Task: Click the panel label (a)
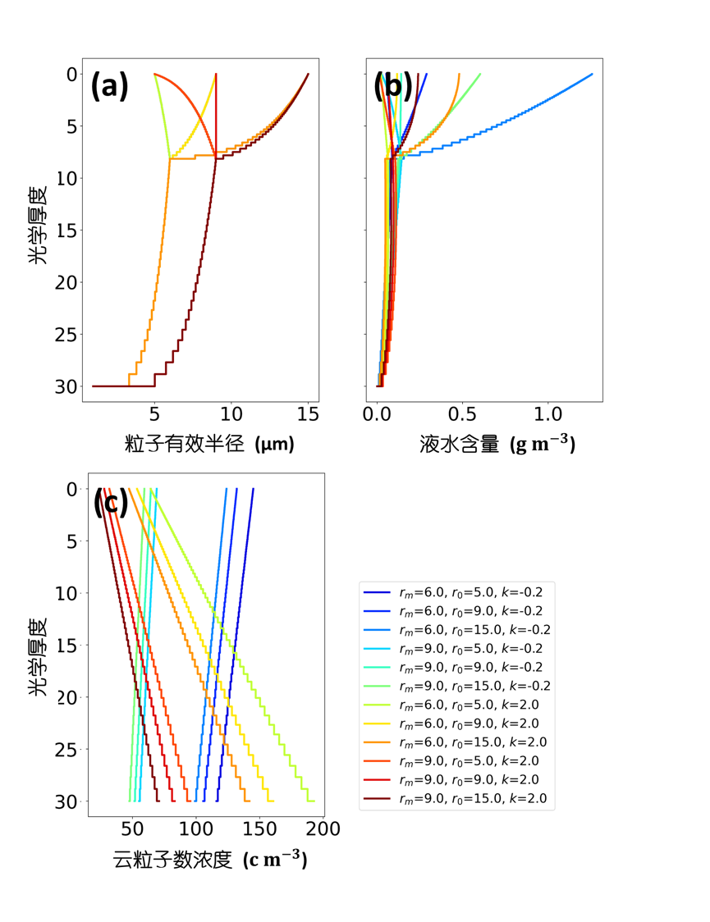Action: [x=109, y=86]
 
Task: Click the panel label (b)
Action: [x=392, y=86]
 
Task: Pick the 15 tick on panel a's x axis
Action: [x=308, y=416]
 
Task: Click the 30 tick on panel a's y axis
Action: [x=68, y=386]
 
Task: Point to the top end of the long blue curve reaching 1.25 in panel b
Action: [x=592, y=75]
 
